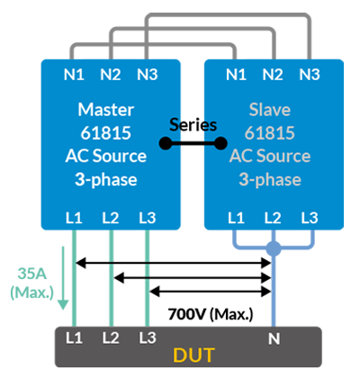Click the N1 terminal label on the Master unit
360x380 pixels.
74,75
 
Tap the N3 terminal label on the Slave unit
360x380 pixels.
310,75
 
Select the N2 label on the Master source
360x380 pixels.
111,75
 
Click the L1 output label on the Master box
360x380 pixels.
74,218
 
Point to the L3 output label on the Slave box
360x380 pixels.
310,218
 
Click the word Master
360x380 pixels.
106,110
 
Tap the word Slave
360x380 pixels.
270,110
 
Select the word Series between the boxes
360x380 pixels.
193,125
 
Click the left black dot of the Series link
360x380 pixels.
166,143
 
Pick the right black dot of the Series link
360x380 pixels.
220,143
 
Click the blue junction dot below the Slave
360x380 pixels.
274,249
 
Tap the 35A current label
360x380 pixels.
32,274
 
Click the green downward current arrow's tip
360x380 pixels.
63,310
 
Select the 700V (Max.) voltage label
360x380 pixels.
211,314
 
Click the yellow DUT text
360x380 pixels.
193,355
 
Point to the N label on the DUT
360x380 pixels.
274,339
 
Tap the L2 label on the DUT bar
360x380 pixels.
111,339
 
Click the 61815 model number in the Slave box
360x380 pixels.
270,133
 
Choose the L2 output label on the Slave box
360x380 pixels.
273,218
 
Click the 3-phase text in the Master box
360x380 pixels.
106,180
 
